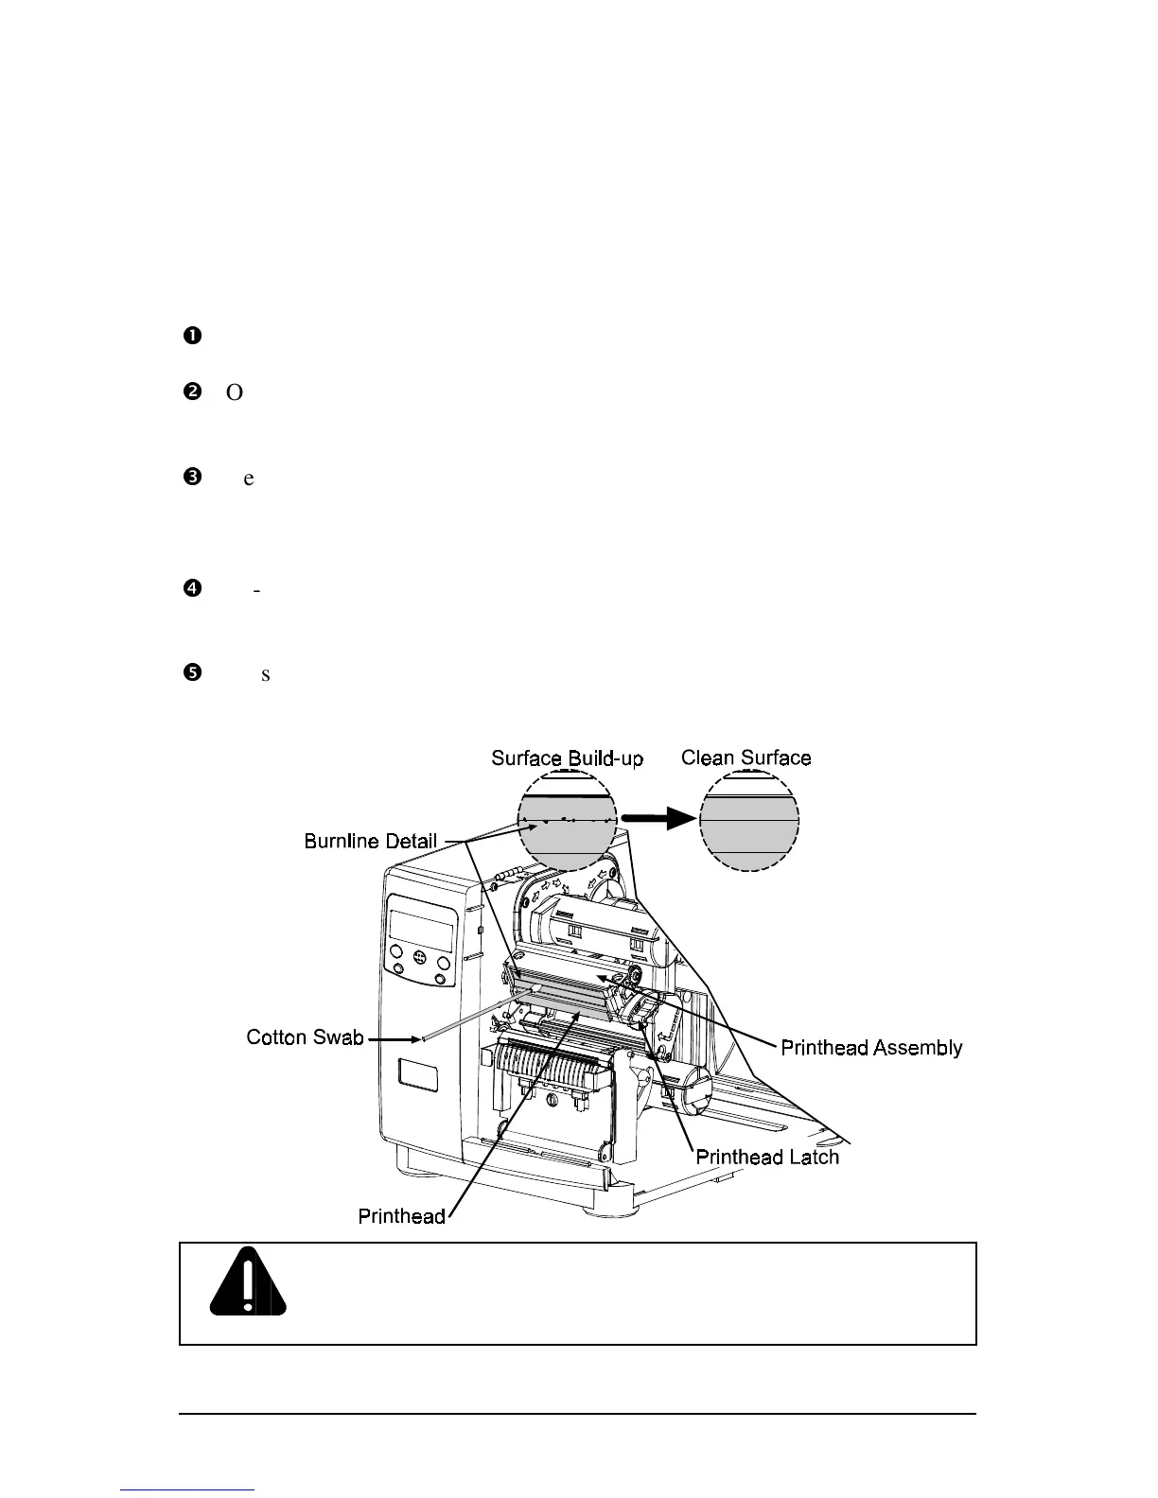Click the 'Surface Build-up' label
point(567,758)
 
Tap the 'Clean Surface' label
point(746,758)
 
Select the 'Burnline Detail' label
point(371,841)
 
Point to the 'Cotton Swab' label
point(305,1037)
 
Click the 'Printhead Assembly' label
point(871,1047)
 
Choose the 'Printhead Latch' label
point(767,1157)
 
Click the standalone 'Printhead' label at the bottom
point(402,1215)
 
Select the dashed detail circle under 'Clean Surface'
point(749,820)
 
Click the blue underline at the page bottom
point(189,1489)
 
